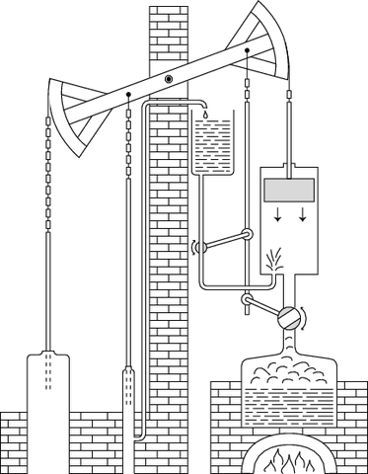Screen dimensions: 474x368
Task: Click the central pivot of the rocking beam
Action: coord(169,78)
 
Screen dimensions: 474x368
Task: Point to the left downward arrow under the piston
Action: coord(279,215)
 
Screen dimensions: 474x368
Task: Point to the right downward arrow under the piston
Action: coord(304,215)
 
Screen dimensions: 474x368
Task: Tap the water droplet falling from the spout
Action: coord(202,115)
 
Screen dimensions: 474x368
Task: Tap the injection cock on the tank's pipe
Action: coord(246,234)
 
